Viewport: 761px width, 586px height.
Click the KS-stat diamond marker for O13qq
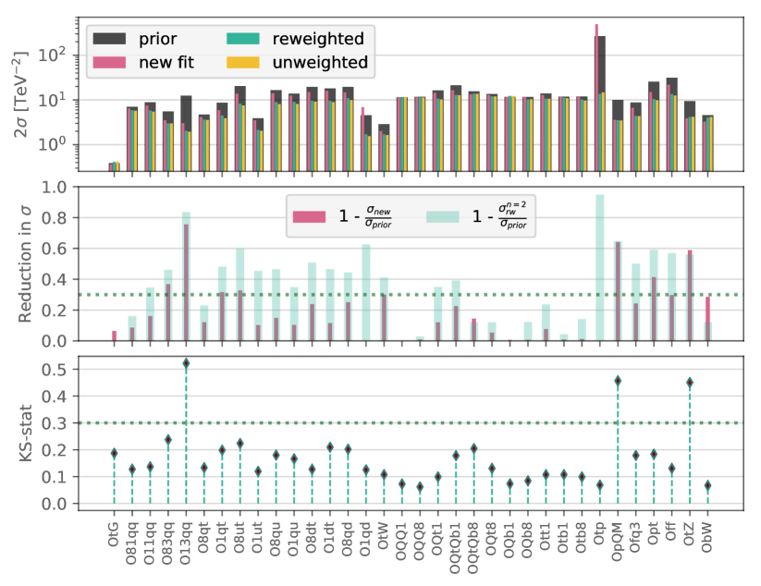tap(186, 363)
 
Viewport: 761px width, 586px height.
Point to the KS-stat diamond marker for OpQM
tap(618, 381)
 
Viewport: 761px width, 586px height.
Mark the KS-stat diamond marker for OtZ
tap(690, 383)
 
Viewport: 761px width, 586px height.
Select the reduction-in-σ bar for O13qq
tap(186, 277)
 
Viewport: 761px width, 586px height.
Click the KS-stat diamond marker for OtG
tap(114, 453)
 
